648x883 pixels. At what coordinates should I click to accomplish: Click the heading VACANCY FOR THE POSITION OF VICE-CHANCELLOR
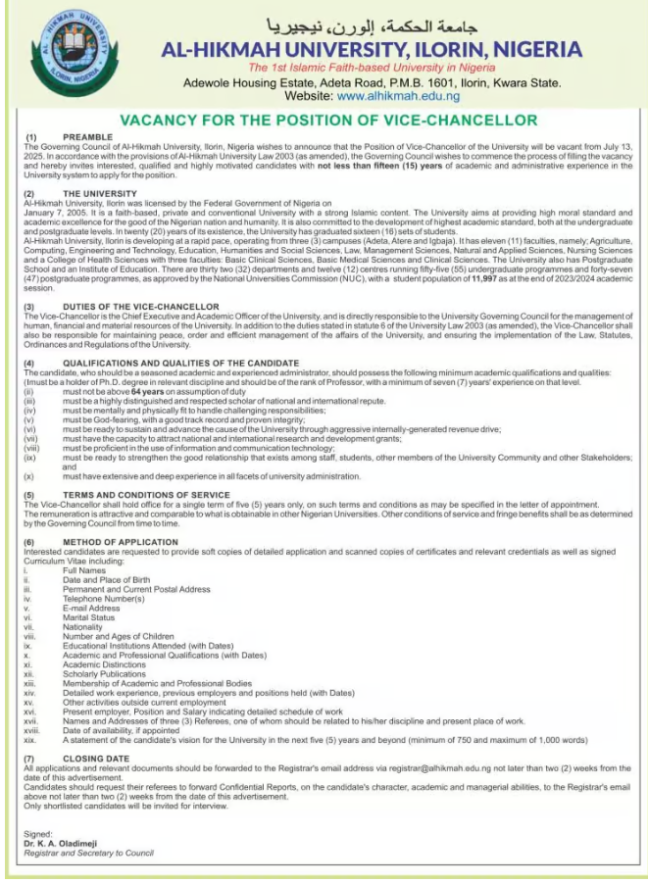coord(328,120)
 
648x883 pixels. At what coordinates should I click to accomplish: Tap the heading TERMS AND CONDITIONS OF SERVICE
coord(146,495)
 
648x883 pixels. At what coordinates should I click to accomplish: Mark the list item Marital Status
coord(88,617)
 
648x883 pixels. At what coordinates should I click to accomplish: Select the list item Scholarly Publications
coord(104,673)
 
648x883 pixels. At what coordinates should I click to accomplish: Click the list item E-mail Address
coord(91,608)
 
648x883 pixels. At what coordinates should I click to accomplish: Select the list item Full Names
coord(84,570)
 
